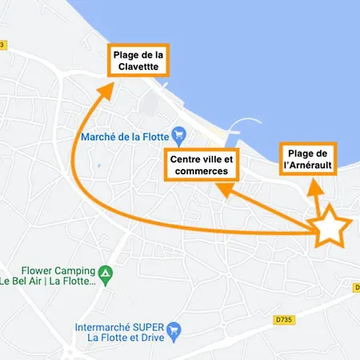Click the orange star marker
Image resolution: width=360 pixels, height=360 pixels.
[330, 230]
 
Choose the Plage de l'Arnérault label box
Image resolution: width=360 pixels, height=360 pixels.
[308, 160]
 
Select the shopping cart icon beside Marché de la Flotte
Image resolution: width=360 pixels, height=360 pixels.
[180, 134]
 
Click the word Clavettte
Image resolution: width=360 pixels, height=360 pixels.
[137, 67]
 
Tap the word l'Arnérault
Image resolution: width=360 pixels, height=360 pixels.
[308, 166]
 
